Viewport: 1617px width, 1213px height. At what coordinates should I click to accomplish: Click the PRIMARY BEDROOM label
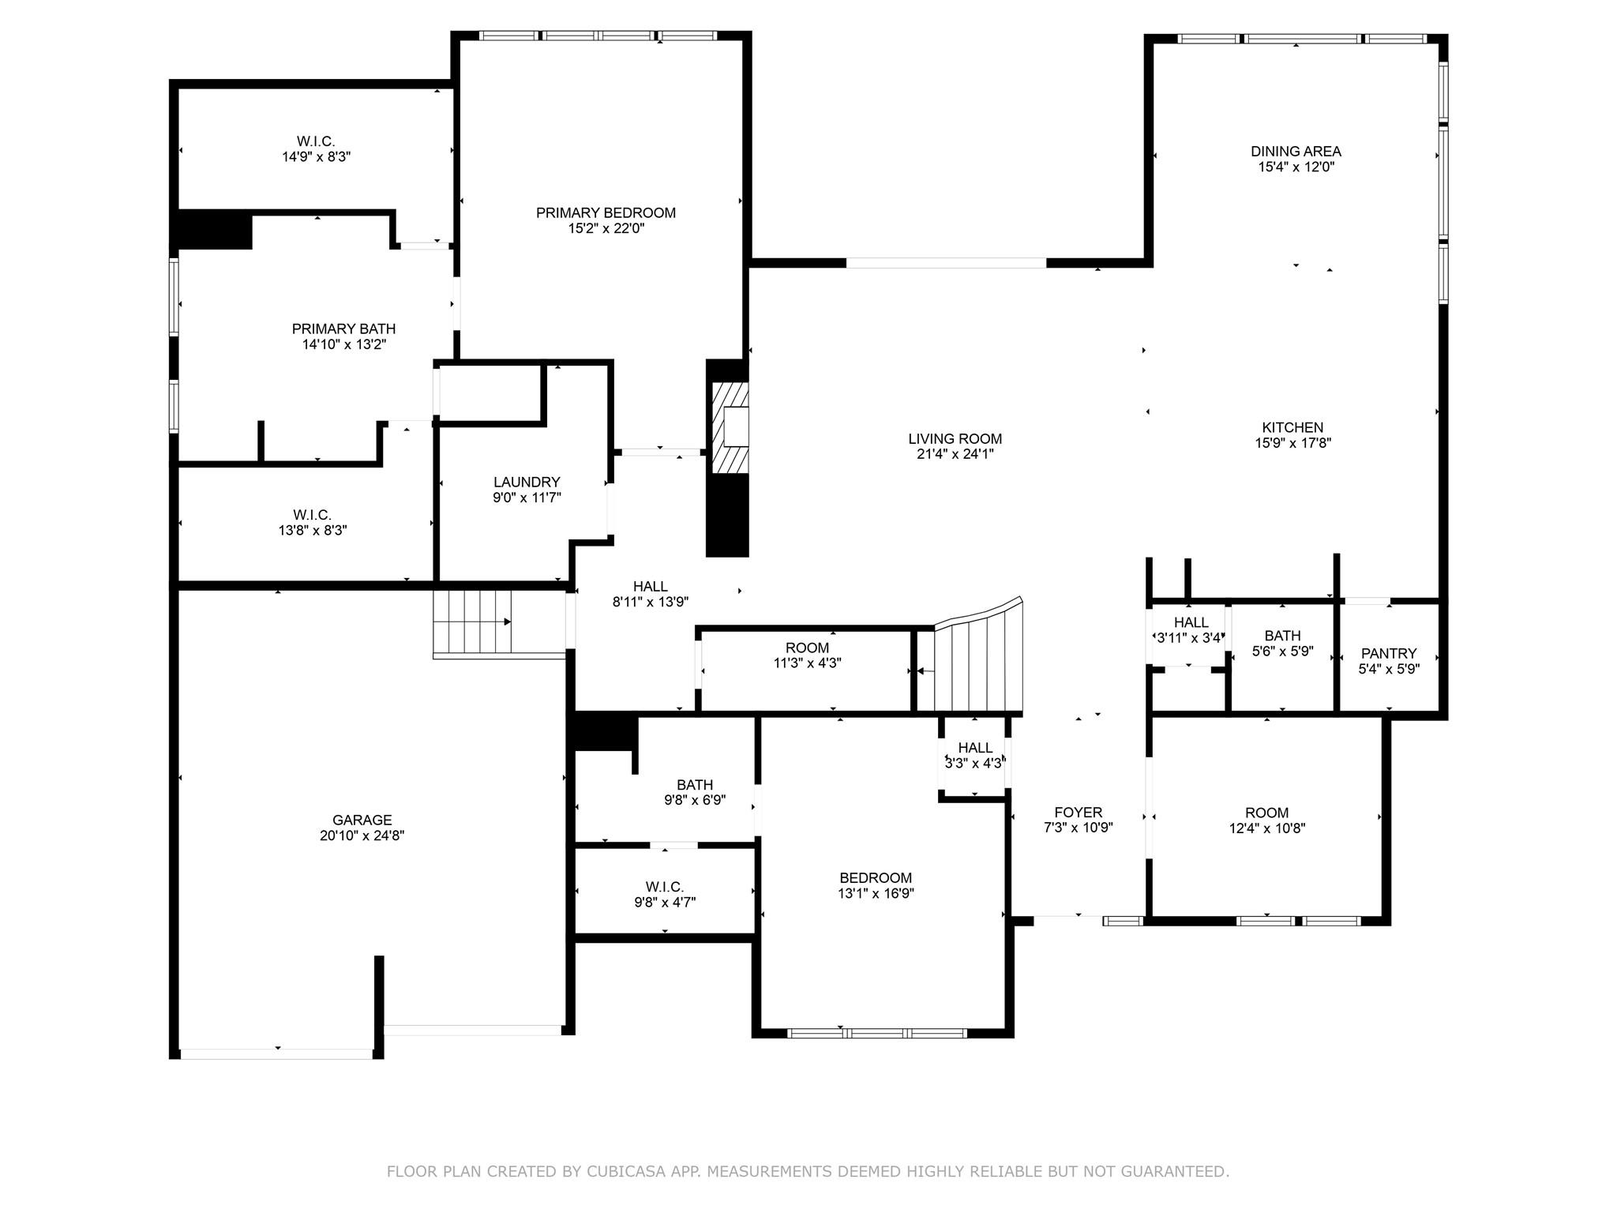click(606, 212)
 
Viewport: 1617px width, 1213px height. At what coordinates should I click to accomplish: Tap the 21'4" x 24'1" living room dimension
click(955, 454)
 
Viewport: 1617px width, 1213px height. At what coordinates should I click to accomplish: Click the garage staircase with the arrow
click(472, 622)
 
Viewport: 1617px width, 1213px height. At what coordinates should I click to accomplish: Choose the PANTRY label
click(1388, 653)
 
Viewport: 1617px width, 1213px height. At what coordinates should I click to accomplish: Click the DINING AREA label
click(1295, 151)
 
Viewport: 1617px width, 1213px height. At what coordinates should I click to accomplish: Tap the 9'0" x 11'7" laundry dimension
click(527, 498)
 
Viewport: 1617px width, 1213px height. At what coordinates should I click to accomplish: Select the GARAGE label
click(362, 820)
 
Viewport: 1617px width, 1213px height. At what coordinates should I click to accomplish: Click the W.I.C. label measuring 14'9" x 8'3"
click(316, 141)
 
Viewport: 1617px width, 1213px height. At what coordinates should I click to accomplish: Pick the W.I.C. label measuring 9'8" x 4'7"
click(664, 887)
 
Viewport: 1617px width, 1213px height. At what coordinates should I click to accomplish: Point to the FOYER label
click(1078, 812)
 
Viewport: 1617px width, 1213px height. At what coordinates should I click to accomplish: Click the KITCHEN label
click(1292, 427)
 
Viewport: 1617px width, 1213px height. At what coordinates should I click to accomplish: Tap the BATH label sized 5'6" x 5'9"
click(1282, 635)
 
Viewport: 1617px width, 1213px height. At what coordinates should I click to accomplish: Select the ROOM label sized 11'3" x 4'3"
click(807, 648)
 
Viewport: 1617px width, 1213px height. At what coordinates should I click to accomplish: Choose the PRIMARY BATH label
click(343, 329)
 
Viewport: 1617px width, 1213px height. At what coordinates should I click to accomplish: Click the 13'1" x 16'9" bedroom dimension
click(876, 893)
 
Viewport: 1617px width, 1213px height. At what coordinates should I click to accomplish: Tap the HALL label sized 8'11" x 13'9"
click(650, 586)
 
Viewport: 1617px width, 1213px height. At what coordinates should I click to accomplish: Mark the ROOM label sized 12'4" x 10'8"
click(1266, 813)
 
